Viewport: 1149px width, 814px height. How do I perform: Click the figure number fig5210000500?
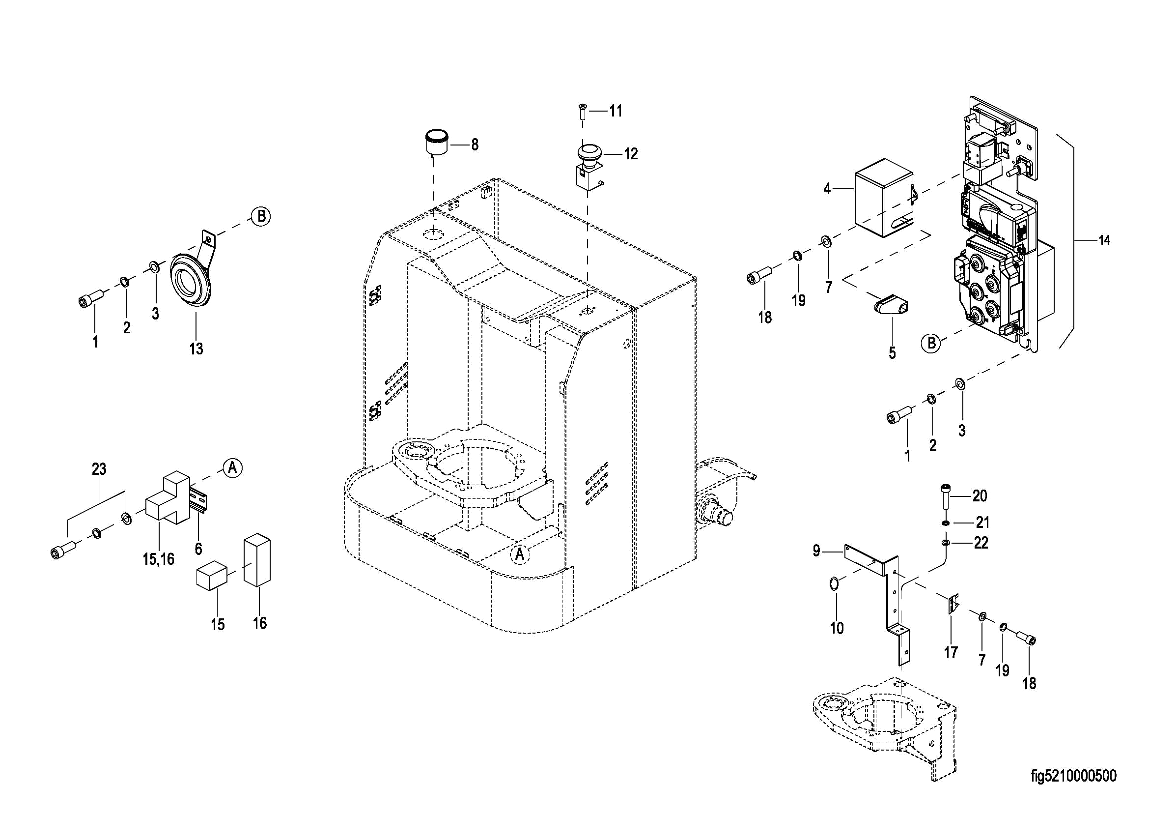(1073, 777)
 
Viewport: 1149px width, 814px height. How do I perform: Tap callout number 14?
(1104, 240)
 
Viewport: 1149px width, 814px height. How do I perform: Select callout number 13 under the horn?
(196, 349)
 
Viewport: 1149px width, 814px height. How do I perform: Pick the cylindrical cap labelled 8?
(436, 143)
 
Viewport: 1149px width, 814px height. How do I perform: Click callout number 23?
(99, 469)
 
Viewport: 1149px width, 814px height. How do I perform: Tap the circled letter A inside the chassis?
(520, 554)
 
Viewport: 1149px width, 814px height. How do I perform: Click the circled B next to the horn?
(260, 217)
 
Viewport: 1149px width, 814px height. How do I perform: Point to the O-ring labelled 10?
(835, 583)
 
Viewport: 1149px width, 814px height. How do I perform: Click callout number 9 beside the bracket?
(816, 551)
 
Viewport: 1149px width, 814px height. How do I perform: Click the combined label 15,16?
(158, 559)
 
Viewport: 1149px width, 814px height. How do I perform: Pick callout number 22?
(981, 543)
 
